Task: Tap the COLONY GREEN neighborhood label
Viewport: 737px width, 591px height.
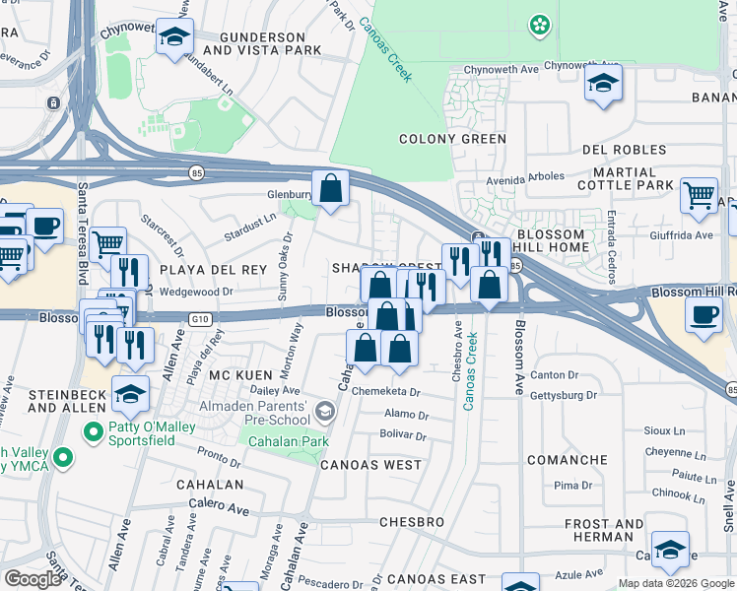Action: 452,139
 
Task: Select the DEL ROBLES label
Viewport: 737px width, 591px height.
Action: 625,150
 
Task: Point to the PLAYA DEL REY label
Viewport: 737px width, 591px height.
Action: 200,268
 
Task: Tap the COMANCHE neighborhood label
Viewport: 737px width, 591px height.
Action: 567,460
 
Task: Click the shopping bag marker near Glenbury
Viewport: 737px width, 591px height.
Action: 331,186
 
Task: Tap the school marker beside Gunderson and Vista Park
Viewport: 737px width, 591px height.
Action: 174,38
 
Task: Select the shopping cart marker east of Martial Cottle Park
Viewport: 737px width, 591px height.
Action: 699,194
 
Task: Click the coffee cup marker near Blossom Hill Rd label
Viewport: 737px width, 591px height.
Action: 703,315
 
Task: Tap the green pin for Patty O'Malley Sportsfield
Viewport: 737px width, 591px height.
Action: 94,431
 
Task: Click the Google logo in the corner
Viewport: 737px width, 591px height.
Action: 32,579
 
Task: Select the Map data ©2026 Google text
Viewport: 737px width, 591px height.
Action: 675,583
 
